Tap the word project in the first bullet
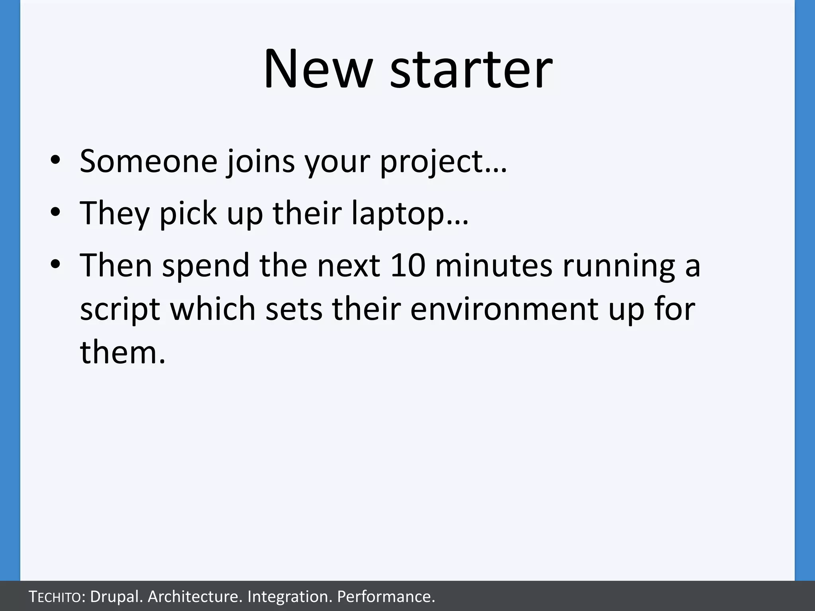click(x=431, y=162)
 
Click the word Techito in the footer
click(x=56, y=597)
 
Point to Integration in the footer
click(x=289, y=597)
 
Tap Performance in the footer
click(x=384, y=597)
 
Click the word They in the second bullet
click(x=115, y=213)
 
